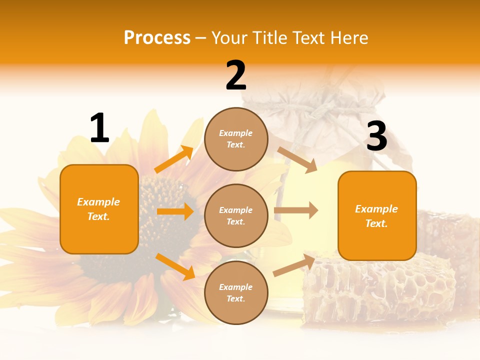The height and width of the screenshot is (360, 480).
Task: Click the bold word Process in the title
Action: click(x=157, y=38)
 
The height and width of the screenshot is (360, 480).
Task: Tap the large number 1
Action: click(x=99, y=128)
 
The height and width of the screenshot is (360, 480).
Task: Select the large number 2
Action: click(x=236, y=75)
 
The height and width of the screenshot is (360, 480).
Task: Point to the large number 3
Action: click(x=376, y=136)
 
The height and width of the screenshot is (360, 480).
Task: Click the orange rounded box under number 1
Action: click(x=99, y=209)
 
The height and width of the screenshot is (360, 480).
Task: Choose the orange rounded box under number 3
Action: click(x=377, y=215)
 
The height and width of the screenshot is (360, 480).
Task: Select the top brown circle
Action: click(x=236, y=139)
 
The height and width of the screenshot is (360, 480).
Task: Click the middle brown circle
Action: click(x=236, y=215)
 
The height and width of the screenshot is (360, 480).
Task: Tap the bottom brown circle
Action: click(x=236, y=292)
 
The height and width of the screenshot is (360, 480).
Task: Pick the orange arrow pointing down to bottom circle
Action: click(x=175, y=266)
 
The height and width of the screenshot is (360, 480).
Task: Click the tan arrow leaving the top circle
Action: click(x=297, y=160)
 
